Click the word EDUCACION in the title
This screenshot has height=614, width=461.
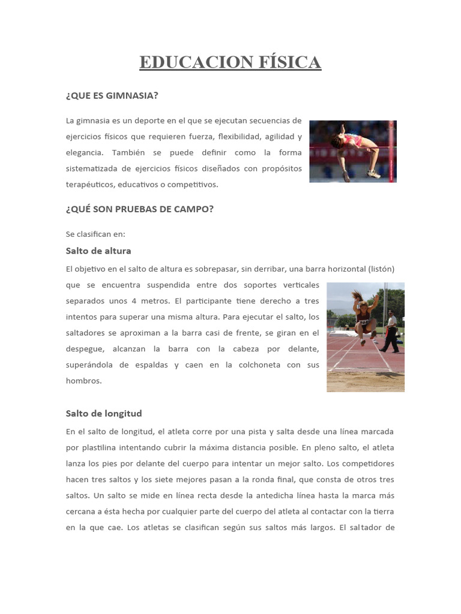tap(187, 62)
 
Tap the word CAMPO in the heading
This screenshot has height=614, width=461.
tap(191, 209)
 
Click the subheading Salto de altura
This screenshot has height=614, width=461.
tap(98, 251)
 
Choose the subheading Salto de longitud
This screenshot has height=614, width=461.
tap(103, 413)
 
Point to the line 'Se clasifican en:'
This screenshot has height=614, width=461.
tap(95, 234)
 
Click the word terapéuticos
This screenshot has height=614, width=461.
tap(91, 185)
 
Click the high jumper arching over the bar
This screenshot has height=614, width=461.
tap(353, 147)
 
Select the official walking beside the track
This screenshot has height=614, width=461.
tap(391, 333)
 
